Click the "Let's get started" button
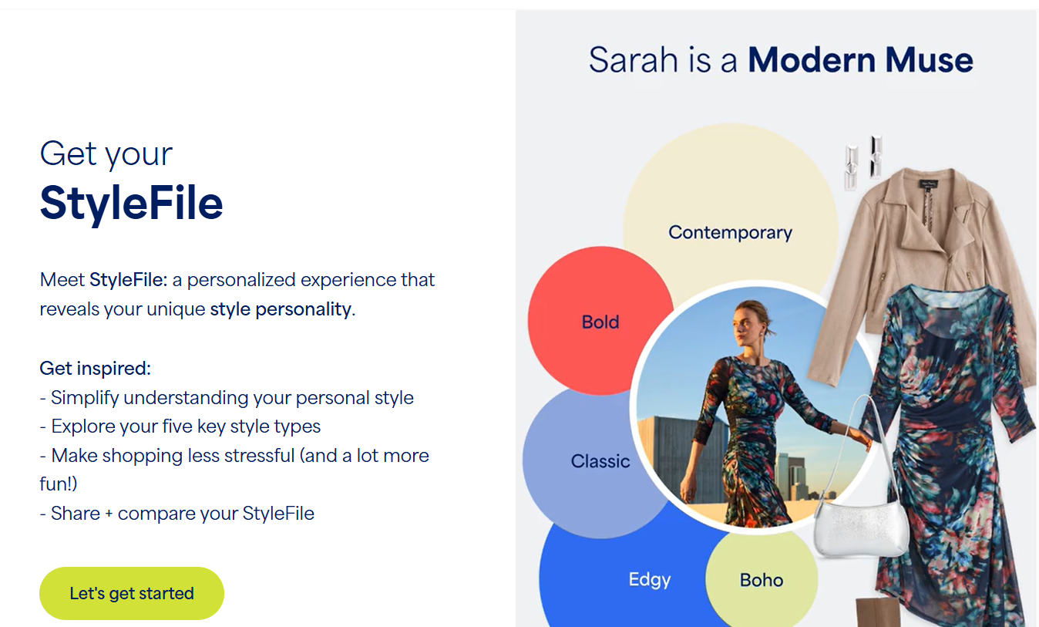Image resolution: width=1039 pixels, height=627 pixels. (132, 593)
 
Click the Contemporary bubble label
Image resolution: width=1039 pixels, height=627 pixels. (730, 232)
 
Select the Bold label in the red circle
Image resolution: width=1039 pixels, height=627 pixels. (600, 322)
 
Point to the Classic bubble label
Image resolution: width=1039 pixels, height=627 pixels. (600, 461)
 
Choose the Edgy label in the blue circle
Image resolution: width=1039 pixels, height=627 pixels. (649, 580)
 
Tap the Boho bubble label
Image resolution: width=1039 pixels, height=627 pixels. (762, 580)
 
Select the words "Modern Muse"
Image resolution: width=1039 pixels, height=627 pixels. (860, 60)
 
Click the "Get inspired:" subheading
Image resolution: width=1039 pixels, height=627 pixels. (95, 369)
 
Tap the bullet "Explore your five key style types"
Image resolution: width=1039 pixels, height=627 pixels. (180, 426)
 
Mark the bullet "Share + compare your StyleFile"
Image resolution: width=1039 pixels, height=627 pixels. (177, 514)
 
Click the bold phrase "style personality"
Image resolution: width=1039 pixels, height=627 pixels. (281, 309)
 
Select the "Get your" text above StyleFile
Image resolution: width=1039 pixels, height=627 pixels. (106, 154)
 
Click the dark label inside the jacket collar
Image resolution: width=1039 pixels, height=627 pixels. (929, 185)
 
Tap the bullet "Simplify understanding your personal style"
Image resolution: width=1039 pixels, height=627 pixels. (227, 398)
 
